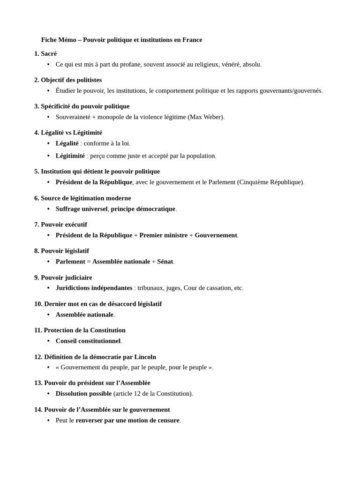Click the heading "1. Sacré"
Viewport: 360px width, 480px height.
(45, 53)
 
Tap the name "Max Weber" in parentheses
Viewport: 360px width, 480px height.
(206, 117)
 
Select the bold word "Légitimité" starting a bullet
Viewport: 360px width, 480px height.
(70, 156)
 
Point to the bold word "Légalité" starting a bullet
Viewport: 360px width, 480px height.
(67, 143)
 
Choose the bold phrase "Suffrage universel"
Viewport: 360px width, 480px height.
(82, 209)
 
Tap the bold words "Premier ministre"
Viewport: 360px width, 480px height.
(163, 235)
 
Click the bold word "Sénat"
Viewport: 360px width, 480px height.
(165, 261)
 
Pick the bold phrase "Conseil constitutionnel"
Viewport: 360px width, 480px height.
(88, 341)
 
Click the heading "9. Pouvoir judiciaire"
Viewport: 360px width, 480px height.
(63, 277)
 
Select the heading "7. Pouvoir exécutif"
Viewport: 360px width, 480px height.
(60, 225)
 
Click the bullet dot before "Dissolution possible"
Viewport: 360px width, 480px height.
(48, 394)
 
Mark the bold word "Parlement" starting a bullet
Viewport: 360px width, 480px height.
(70, 261)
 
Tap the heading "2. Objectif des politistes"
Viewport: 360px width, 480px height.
(68, 80)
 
